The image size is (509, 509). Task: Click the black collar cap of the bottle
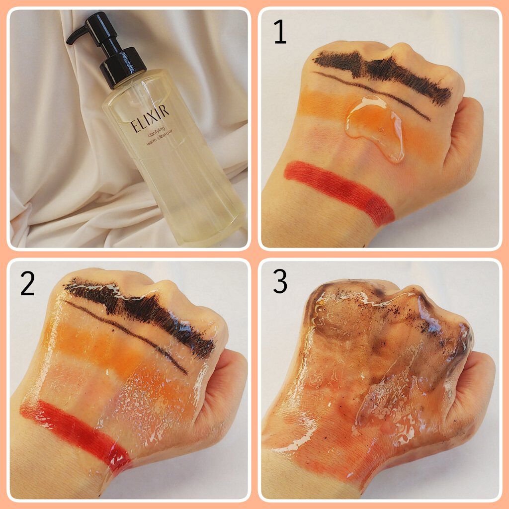click(x=123, y=67)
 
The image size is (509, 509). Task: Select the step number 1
click(x=280, y=31)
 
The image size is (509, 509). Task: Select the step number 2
click(x=27, y=283)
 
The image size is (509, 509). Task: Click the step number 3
click(x=280, y=281)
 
